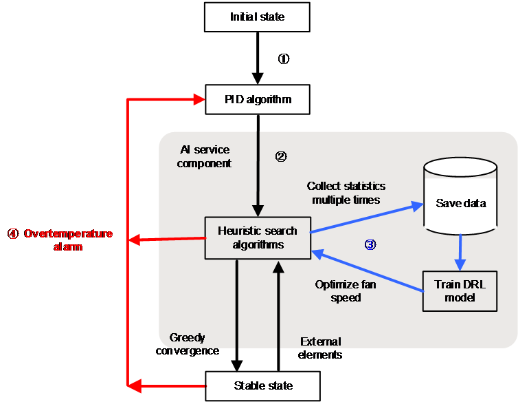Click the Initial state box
point(257,17)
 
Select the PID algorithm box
point(258,99)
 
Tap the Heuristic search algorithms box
point(258,237)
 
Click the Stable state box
point(263,385)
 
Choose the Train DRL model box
point(460,291)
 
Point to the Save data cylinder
point(460,196)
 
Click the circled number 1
point(284,59)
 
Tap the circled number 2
point(281,156)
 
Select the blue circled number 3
point(370,244)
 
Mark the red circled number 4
point(13,234)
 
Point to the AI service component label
point(204,157)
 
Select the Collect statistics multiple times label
point(346,193)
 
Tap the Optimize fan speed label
point(346,290)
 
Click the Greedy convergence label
point(188,344)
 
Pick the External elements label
point(319,348)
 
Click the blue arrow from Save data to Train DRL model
point(460,253)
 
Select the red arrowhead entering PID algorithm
point(199,99)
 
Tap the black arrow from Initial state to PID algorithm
point(258,59)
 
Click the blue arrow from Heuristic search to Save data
point(367,218)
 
